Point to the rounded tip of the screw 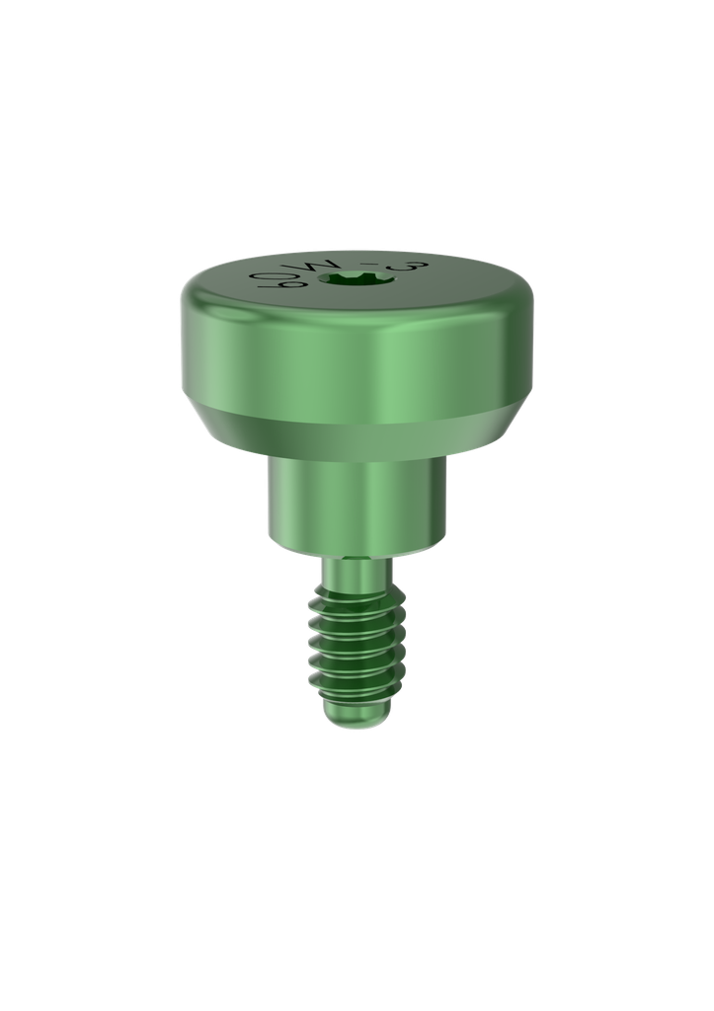tap(356, 718)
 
